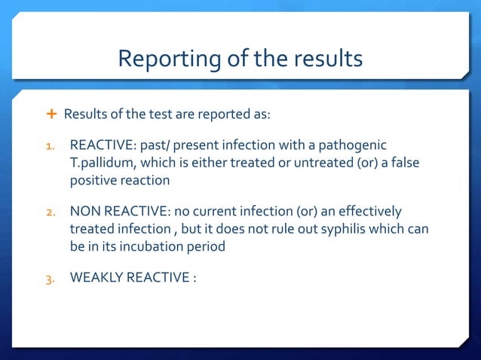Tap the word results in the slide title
pos(326,58)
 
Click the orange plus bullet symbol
pos(51,114)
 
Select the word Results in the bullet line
pos(85,114)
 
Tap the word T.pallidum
pos(101,163)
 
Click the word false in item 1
pos(403,163)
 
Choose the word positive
pos(93,182)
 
